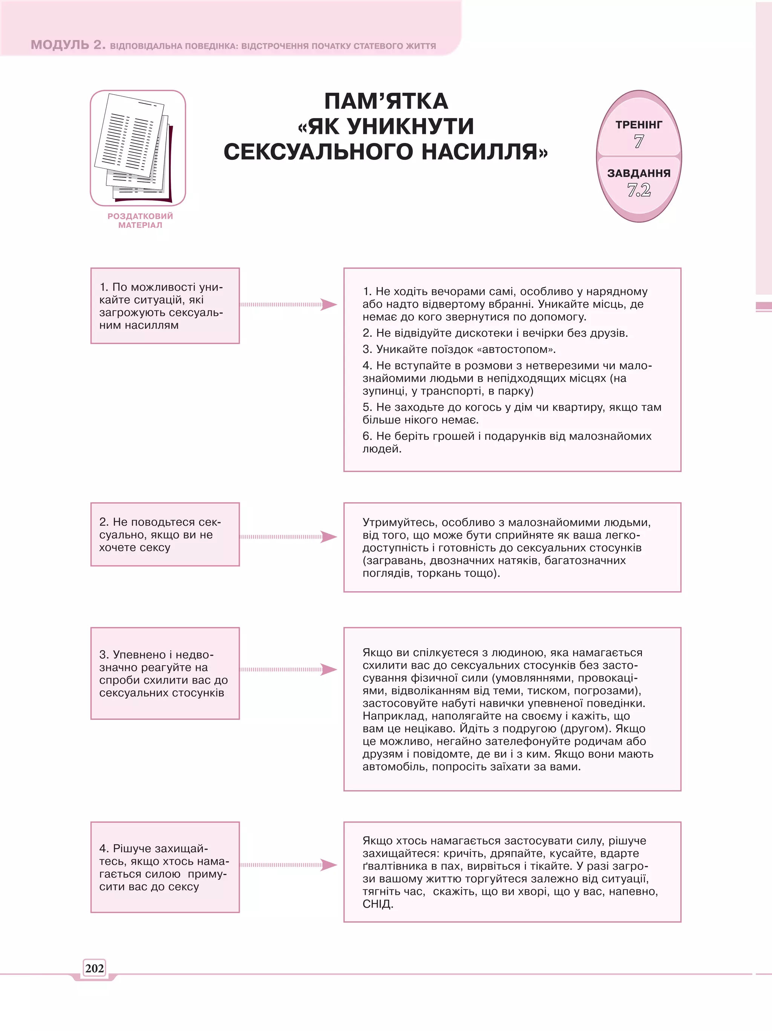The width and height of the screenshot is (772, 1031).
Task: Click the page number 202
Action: pos(94,968)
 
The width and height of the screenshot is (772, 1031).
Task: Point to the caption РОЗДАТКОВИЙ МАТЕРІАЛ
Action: pos(140,221)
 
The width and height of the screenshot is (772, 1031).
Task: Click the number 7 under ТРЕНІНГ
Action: pos(639,141)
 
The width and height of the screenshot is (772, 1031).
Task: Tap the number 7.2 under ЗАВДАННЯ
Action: pos(639,190)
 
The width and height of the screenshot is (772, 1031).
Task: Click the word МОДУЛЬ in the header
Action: pos(60,45)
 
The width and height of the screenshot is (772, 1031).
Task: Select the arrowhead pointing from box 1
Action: pos(329,304)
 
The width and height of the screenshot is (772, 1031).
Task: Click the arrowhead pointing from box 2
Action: pos(329,537)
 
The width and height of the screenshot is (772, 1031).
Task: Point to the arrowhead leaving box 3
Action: pos(329,669)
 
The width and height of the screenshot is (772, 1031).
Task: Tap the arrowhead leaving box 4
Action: pos(329,865)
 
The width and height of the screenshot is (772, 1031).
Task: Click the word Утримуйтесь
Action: pos(400,523)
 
